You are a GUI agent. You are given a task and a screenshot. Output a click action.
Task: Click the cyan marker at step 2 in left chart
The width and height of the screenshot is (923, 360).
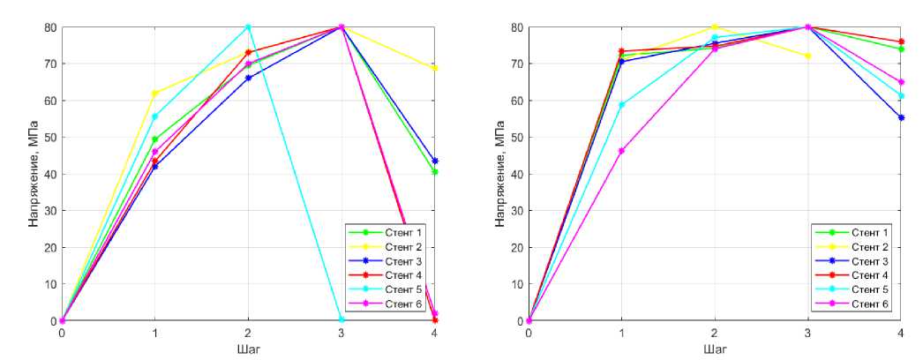tap(248, 27)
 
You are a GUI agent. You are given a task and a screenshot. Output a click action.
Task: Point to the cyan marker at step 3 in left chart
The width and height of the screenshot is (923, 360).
tap(341, 319)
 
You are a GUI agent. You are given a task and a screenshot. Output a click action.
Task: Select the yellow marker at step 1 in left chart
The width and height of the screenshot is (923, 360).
tap(155, 94)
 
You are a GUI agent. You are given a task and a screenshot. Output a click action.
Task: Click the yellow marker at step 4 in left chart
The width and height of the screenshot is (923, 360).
tap(435, 68)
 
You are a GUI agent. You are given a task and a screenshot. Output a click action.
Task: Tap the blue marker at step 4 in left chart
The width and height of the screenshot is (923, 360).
tap(435, 161)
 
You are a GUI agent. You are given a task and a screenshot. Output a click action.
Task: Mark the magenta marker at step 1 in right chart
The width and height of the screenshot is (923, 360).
tap(622, 151)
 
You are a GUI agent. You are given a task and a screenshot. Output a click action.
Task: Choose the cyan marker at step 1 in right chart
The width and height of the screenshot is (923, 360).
tap(622, 105)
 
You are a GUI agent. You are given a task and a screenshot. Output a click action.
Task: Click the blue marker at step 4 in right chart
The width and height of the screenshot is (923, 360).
tap(901, 117)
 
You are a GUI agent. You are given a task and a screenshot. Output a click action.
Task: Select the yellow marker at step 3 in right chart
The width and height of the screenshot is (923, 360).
tap(808, 56)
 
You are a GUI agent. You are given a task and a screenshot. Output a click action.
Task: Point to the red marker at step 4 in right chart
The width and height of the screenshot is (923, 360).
tap(901, 41)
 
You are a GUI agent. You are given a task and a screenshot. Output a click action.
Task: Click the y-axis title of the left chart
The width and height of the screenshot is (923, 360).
tap(33, 174)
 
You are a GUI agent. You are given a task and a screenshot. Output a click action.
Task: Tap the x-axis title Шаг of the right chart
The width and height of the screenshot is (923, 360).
tap(715, 349)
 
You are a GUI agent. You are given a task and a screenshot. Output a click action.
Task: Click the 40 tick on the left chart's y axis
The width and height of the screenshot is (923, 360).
tap(49, 174)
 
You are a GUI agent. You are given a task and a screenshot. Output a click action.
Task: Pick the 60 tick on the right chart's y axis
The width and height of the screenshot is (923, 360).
tap(516, 101)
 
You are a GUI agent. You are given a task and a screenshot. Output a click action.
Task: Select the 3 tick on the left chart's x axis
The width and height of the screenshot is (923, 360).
tap(341, 333)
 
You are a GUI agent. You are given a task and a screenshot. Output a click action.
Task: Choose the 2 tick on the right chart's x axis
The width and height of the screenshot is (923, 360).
tap(715, 333)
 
